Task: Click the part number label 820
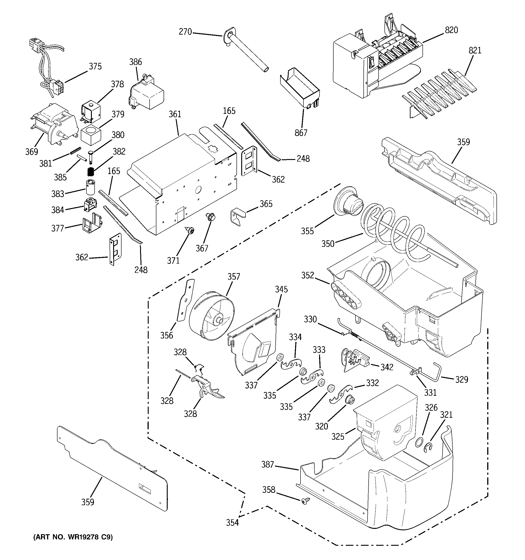(451, 30)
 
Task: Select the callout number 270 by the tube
(185, 32)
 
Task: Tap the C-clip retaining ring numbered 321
(428, 447)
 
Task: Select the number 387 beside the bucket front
(267, 465)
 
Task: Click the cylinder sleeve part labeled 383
(91, 187)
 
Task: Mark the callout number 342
(387, 367)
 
